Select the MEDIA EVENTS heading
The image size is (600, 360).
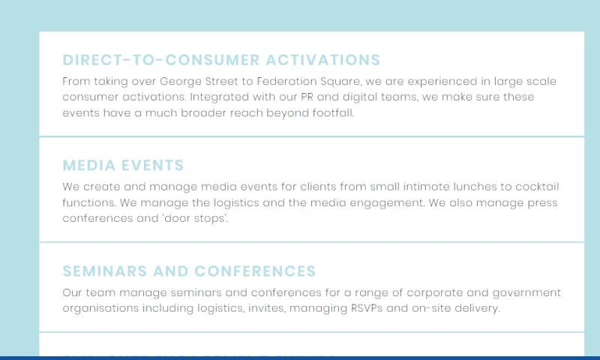pyautogui.click(x=123, y=166)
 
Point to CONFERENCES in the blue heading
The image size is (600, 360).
pyautogui.click(x=255, y=271)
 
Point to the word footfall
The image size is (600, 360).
pyautogui.click(x=331, y=113)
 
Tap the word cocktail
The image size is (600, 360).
pyautogui.click(x=534, y=187)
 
